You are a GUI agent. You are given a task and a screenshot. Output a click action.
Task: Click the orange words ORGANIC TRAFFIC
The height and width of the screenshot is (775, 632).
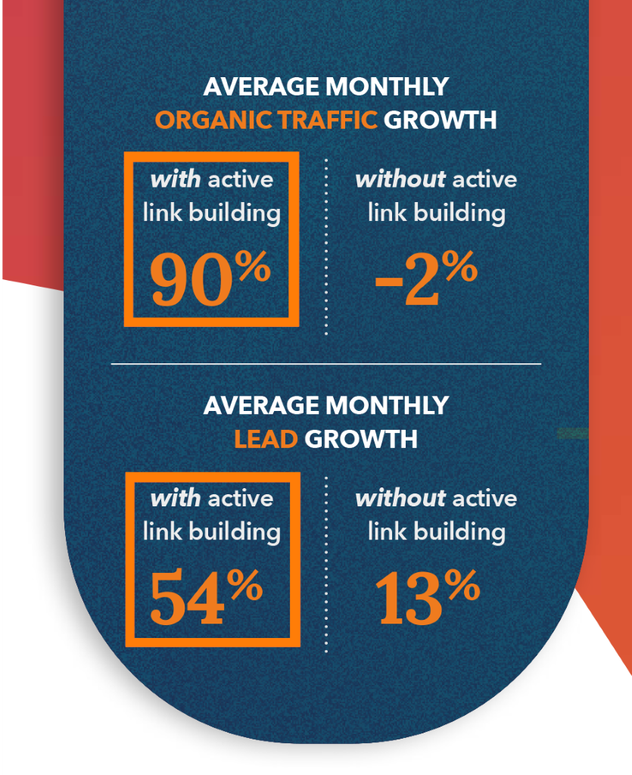coord(266,120)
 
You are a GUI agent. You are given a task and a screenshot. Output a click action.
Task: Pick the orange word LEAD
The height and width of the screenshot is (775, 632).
coord(266,439)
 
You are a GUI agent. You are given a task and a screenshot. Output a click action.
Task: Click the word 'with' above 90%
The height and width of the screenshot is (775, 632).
coord(176,179)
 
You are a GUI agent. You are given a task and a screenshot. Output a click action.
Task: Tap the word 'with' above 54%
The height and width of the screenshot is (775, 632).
coord(176,498)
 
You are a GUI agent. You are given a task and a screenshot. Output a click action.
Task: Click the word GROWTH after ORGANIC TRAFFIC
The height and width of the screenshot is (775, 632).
coord(440,120)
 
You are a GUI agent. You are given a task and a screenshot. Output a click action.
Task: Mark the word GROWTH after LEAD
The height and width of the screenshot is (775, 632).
coord(361,439)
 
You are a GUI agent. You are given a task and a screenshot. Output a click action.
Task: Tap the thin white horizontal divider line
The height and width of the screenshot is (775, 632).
coord(326,364)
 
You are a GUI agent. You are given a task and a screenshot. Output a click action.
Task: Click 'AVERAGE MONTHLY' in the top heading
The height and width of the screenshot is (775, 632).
coord(326,86)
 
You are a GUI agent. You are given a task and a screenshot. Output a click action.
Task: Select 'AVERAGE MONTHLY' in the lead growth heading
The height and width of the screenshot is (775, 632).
coord(326,406)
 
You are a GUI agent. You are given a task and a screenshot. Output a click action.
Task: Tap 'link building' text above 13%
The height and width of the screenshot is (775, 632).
coord(437,531)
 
